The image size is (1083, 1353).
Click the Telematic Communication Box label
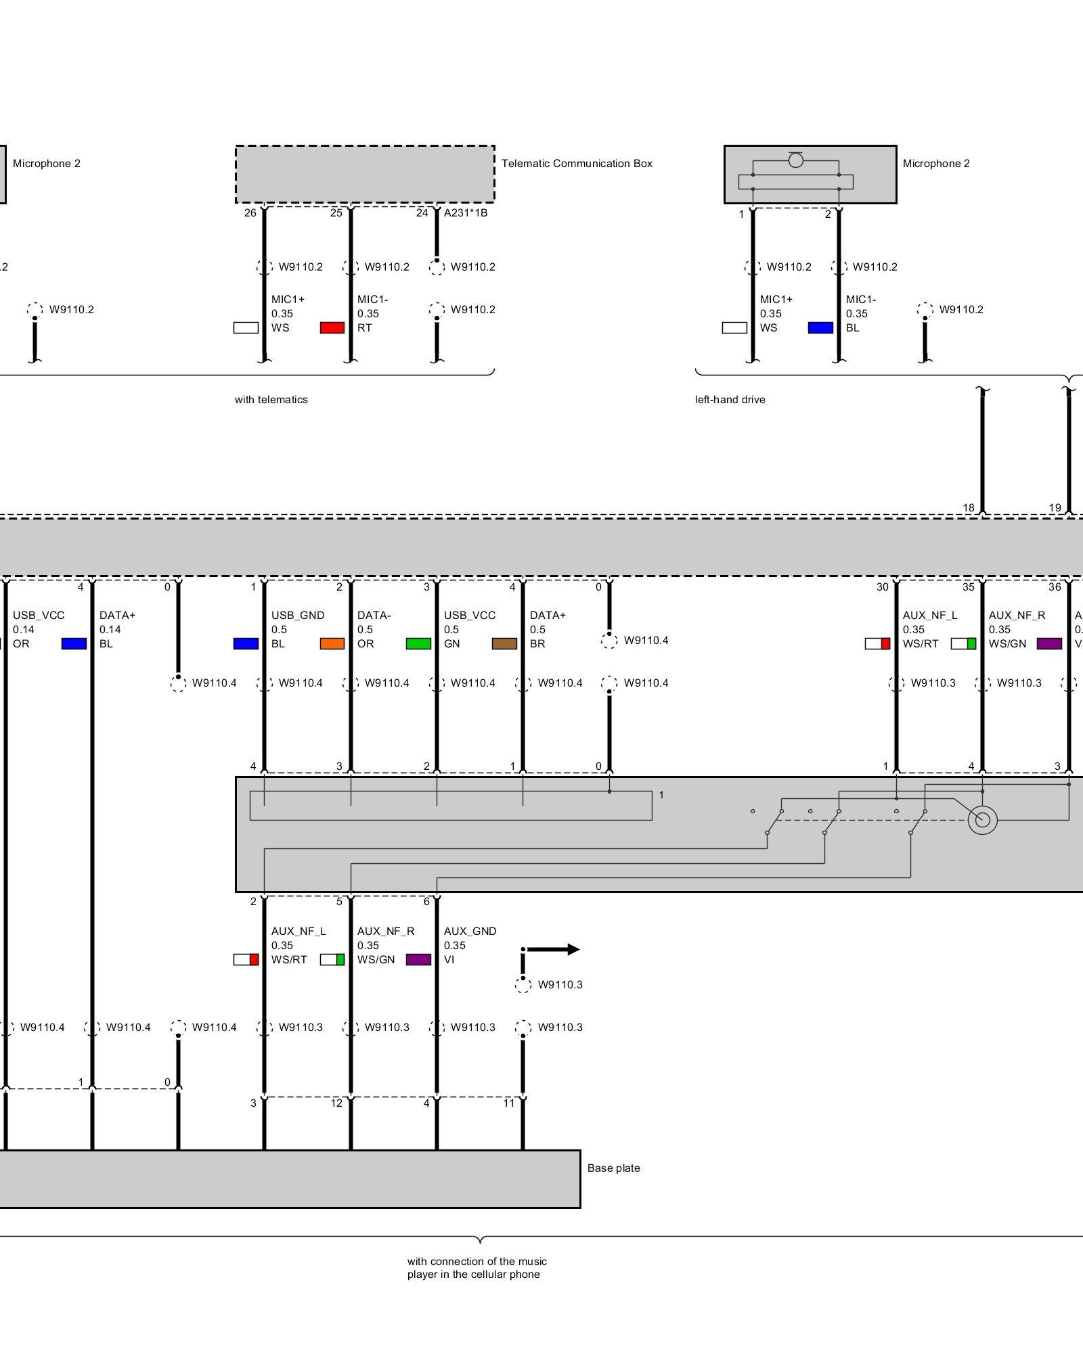click(x=577, y=164)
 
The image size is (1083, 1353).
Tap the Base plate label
click(x=613, y=1168)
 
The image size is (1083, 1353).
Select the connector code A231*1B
click(x=465, y=213)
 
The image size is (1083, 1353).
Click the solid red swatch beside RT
click(x=332, y=328)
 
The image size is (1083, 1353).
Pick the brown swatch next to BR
click(x=504, y=644)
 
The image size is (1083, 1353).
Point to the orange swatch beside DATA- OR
click(x=332, y=644)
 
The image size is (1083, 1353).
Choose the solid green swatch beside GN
click(x=418, y=644)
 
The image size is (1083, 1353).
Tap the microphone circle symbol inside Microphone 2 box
click(x=796, y=160)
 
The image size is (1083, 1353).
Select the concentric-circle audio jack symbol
click(x=982, y=821)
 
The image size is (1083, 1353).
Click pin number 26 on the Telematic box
click(x=250, y=213)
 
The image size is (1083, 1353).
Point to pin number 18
click(x=968, y=508)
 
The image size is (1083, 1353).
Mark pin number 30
click(x=882, y=587)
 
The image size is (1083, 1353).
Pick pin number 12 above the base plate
click(x=336, y=1103)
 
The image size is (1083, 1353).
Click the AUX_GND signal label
click(x=470, y=932)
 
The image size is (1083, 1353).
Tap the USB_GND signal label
click(x=298, y=616)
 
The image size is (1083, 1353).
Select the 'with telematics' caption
click(x=271, y=400)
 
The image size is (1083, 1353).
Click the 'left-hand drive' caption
click(x=730, y=400)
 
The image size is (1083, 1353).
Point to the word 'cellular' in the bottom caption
click(x=497, y=1275)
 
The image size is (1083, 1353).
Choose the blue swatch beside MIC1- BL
click(x=820, y=328)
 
